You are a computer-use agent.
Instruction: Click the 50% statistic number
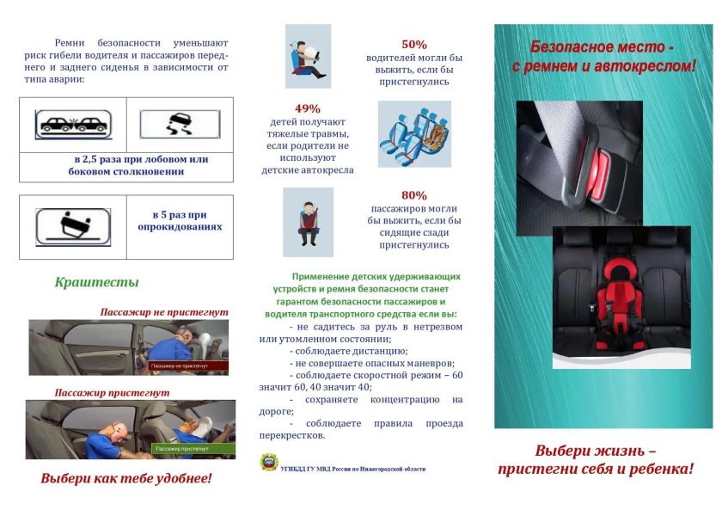click(414, 45)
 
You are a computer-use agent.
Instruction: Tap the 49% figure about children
click(307, 109)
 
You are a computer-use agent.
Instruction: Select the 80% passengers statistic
click(414, 195)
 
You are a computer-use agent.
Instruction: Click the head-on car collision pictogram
click(72, 125)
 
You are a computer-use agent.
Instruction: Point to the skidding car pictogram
click(180, 125)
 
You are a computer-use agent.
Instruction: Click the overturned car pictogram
click(72, 227)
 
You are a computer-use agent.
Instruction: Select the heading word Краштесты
click(96, 282)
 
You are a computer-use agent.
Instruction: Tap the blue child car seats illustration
click(413, 133)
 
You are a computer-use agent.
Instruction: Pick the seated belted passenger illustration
click(308, 222)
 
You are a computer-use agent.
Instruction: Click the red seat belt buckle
click(603, 163)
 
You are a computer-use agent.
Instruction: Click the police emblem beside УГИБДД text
click(269, 464)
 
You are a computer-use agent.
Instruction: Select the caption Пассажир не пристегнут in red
click(164, 312)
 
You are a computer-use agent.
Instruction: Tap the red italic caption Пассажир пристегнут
click(112, 392)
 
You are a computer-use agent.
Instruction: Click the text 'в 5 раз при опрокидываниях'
click(180, 221)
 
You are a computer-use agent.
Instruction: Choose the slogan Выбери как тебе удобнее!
click(125, 477)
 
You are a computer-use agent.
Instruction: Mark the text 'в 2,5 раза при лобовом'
click(141, 159)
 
